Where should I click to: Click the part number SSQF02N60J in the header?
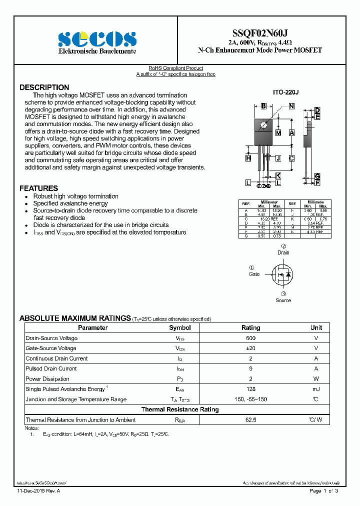tap(260, 31)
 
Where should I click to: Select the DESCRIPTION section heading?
tap(44, 87)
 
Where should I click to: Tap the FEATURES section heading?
tap(38, 188)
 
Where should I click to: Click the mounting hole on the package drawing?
tap(263, 123)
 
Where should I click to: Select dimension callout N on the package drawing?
tap(291, 106)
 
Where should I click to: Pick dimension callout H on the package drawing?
tap(248, 158)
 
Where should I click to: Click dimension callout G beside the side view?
tap(317, 176)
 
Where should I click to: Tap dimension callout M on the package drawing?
tap(278, 132)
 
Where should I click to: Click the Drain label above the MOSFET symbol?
tap(283, 253)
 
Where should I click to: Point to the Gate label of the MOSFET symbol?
tap(254, 274)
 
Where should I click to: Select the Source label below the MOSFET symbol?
tap(283, 300)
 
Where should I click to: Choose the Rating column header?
tap(250, 328)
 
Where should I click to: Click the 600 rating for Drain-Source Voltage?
tap(250, 338)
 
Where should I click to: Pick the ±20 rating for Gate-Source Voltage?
tap(250, 348)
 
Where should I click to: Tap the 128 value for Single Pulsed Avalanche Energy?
tap(250, 389)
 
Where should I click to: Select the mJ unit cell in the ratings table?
tap(316, 389)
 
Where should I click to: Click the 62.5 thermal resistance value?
tap(250, 420)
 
